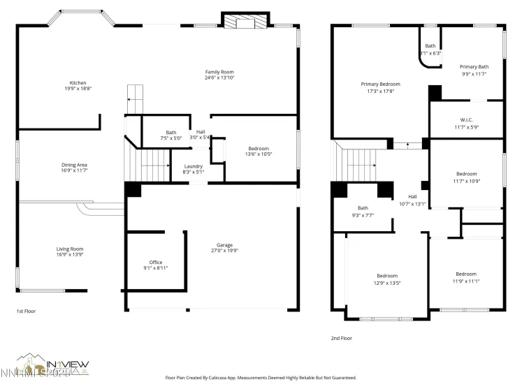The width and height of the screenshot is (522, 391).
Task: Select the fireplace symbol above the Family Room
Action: [245, 22]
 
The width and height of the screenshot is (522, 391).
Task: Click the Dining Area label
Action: [73, 165]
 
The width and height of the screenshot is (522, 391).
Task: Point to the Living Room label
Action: [70, 249]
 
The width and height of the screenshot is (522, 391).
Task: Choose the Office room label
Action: [155, 263]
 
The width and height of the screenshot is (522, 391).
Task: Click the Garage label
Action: [224, 245]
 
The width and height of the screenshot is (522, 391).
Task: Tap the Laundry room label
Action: [193, 166]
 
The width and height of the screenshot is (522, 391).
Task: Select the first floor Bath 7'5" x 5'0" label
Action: [171, 133]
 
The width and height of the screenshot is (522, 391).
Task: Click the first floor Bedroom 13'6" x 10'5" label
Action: [257, 149]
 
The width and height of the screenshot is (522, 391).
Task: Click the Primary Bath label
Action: [474, 67]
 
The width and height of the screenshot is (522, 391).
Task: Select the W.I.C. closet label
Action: [467, 119]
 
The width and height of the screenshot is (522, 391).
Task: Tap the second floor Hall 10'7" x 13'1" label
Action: [412, 197]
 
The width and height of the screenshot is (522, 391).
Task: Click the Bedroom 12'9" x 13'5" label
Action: [387, 276]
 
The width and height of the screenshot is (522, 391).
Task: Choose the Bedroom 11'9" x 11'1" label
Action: [466, 274]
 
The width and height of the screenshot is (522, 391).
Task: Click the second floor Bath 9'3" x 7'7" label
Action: [363, 207]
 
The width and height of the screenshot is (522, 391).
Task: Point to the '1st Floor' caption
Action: [25, 311]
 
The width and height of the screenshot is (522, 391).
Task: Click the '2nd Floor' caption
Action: [342, 338]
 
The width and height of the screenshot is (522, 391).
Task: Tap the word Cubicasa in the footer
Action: [240, 378]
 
